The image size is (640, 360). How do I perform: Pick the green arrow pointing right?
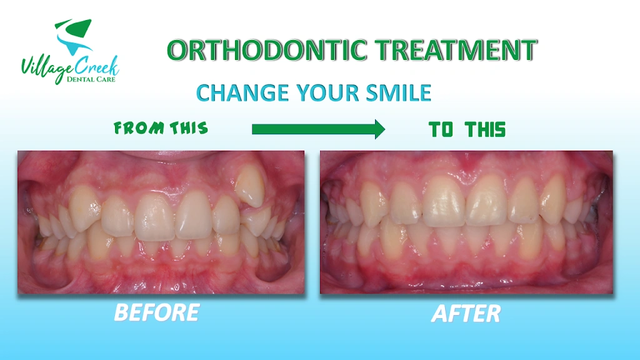(318, 129)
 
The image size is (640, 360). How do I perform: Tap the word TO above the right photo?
(441, 130)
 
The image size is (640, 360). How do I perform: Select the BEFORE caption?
(157, 312)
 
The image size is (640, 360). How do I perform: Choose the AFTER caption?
(466, 314)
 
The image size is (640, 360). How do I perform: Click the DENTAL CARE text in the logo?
(91, 79)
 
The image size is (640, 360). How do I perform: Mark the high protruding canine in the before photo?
(250, 186)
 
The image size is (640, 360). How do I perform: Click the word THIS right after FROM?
(189, 128)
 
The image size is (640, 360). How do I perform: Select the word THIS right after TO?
(485, 130)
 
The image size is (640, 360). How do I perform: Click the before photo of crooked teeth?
(161, 222)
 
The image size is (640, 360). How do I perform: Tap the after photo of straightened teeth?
(466, 222)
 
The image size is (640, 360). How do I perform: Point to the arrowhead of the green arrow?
(380, 129)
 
